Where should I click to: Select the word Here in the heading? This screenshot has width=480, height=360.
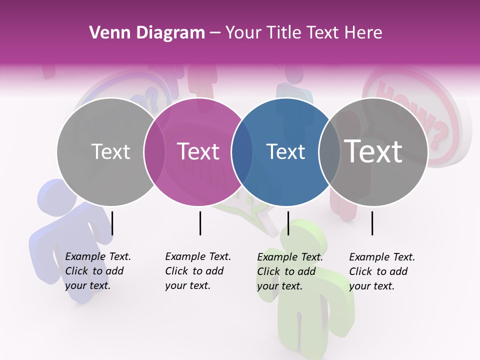pos(364,32)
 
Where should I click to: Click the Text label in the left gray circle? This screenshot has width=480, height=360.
pos(110,151)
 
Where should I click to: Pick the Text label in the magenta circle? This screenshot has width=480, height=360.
pos(198,151)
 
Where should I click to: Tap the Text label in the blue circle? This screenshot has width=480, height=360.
pos(285,151)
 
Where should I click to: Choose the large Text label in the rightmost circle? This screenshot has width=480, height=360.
pos(373,151)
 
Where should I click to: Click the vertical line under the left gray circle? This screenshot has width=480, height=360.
pos(112,223)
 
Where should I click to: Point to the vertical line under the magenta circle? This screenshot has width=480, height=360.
pos(200,223)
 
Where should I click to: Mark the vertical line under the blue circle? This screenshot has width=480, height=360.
pos(288,223)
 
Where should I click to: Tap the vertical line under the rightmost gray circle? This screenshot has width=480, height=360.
pos(372,223)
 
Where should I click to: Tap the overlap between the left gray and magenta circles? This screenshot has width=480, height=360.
pos(154,151)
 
